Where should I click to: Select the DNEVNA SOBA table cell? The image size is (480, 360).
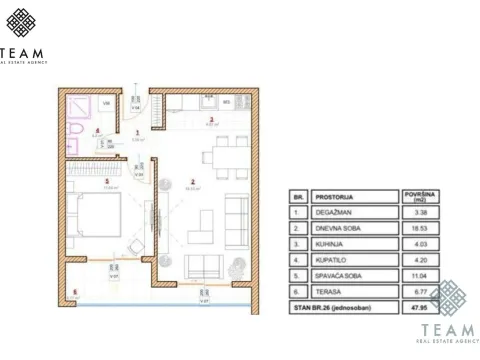point(335,227)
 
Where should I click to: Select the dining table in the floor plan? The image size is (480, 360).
point(210,156)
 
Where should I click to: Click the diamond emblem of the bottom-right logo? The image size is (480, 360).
point(450,299)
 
